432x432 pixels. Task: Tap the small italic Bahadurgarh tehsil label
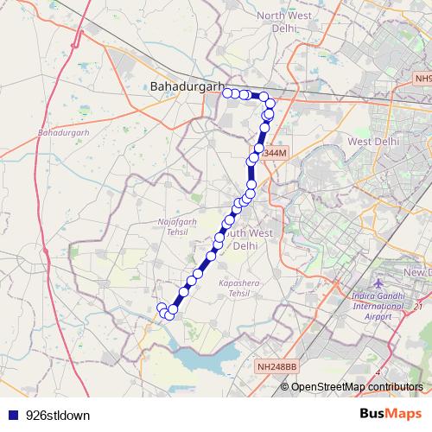pyautogui.click(x=64, y=133)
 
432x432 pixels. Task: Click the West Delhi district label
pyautogui.click(x=371, y=141)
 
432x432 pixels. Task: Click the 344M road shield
pyautogui.click(x=274, y=153)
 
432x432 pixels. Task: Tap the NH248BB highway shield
pyautogui.click(x=276, y=367)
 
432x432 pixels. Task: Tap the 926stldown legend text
pyautogui.click(x=58, y=415)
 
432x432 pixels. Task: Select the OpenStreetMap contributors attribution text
pyautogui.click(x=357, y=386)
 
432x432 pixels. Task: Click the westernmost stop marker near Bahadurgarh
pyautogui.click(x=226, y=93)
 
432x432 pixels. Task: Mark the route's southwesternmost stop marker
pyautogui.click(x=161, y=308)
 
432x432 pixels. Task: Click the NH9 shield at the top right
pyautogui.click(x=421, y=79)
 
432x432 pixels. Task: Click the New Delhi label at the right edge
pyautogui.click(x=417, y=273)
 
